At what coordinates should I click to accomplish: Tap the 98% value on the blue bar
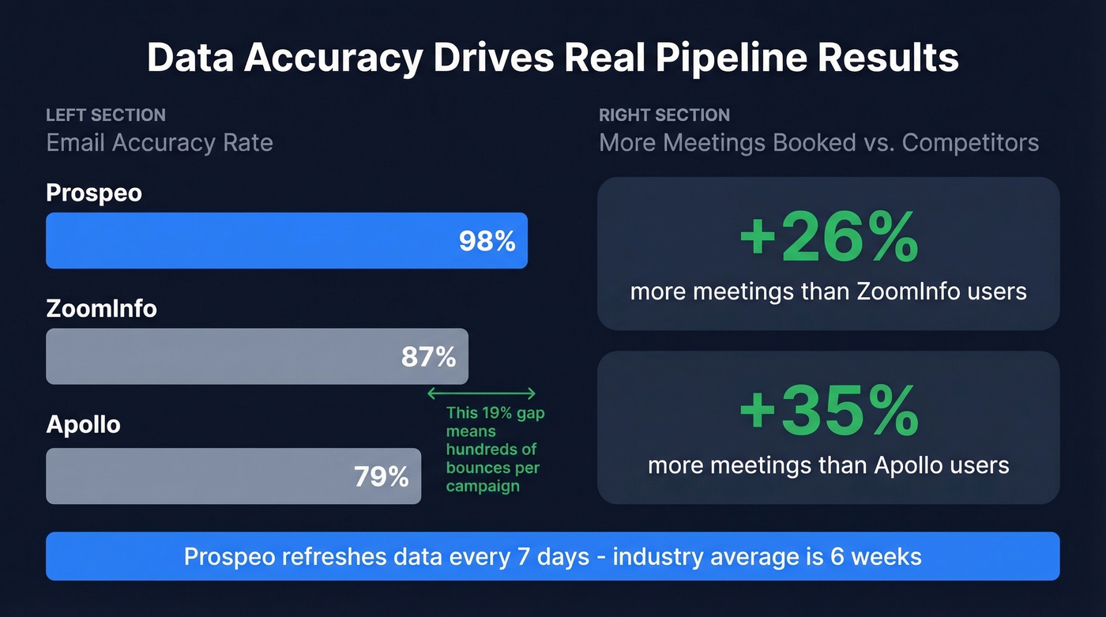[487, 241]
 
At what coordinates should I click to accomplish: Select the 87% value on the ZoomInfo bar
[428, 357]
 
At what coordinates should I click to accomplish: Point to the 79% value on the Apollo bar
[381, 476]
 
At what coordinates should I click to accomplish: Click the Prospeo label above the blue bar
[94, 193]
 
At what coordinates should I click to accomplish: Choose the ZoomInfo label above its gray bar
[101, 308]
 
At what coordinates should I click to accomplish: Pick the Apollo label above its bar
[83, 424]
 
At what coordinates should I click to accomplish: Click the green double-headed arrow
[481, 393]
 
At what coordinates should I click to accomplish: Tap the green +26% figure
[828, 237]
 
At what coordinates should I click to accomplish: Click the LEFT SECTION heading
[106, 115]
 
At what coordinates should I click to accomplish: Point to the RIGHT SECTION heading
[664, 115]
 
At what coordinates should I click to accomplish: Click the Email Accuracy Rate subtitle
[160, 143]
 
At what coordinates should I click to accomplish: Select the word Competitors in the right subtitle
[970, 143]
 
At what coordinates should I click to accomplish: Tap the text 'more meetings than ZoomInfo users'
[828, 292]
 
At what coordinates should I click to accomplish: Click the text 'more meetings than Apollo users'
[828, 465]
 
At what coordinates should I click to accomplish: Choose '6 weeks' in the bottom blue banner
[875, 556]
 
